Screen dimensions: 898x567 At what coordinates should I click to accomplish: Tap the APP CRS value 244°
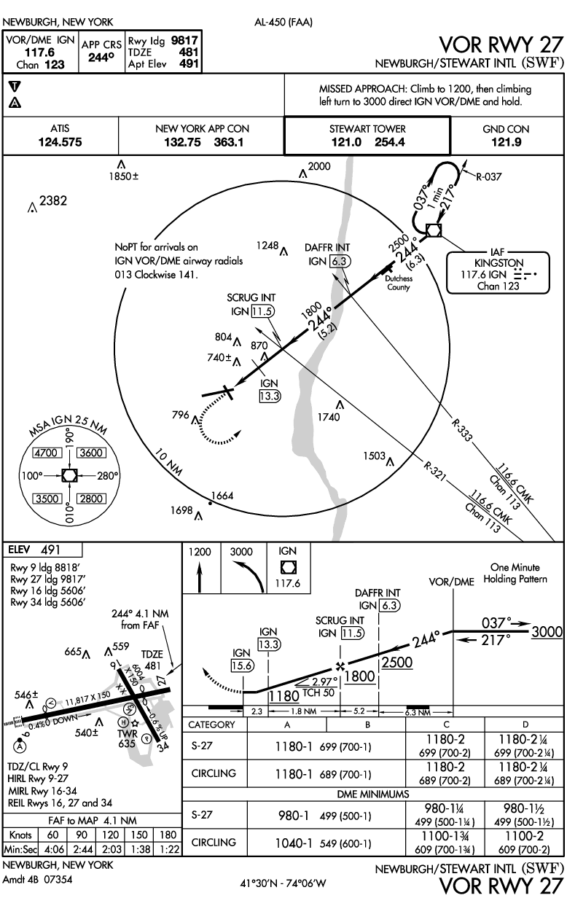tap(104, 58)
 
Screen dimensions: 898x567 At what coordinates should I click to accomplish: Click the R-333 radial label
tap(461, 431)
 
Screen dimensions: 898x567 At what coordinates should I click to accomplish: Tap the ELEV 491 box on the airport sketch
tap(43, 550)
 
